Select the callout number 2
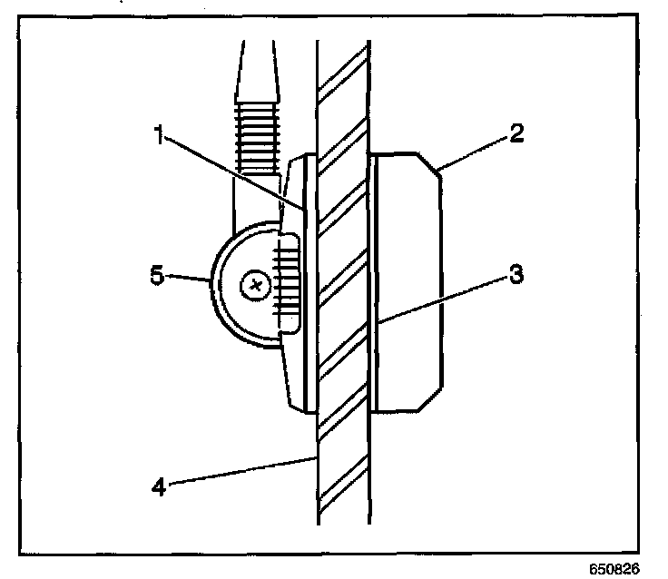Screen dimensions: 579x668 [516, 135]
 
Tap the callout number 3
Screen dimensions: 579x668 [515, 275]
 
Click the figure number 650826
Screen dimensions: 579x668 [614, 570]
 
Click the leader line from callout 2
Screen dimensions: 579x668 [472, 152]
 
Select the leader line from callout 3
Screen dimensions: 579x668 [445, 297]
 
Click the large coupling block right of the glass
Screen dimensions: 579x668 [408, 281]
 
